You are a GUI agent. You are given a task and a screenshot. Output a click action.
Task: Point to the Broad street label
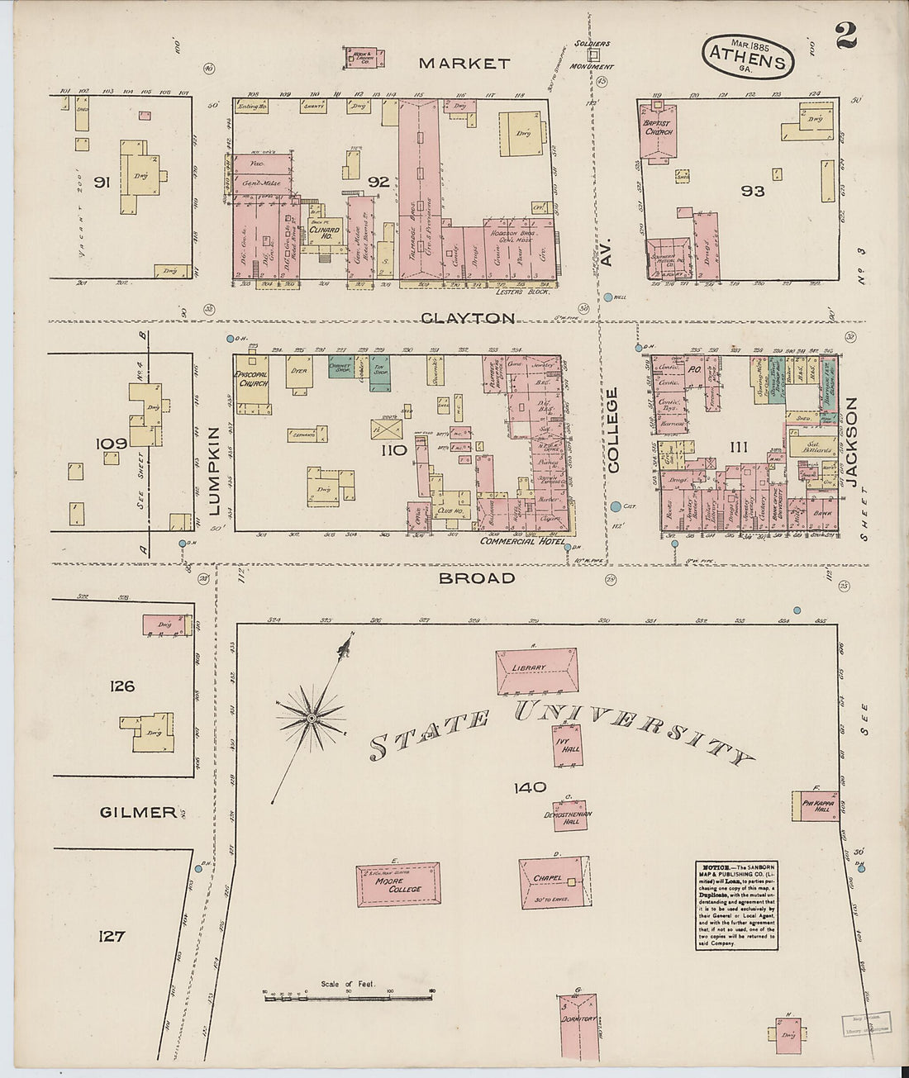pyautogui.click(x=477, y=578)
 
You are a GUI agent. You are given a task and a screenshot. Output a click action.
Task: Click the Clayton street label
pyautogui.click(x=468, y=318)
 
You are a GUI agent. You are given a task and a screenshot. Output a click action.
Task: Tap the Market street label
pyautogui.click(x=464, y=63)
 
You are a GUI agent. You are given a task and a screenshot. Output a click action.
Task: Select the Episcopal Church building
pyautogui.click(x=251, y=379)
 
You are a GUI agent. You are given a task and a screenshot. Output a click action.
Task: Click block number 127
pyautogui.click(x=111, y=936)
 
